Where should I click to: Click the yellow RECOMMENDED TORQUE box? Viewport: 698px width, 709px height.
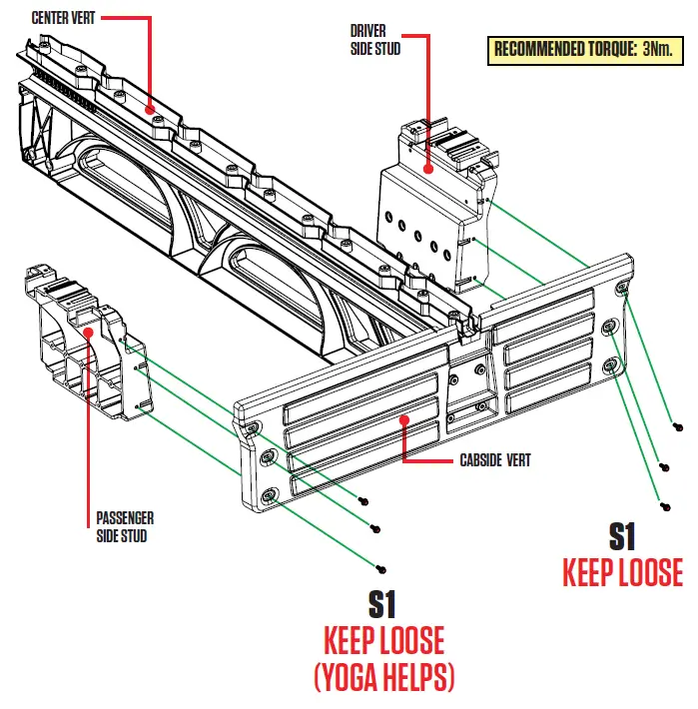click(x=583, y=50)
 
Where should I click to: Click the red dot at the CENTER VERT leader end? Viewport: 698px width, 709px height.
click(x=150, y=108)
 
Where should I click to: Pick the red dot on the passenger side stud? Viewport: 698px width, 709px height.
click(x=88, y=334)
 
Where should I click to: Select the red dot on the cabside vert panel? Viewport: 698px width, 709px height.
click(x=403, y=420)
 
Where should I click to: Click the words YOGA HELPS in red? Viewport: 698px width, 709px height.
click(x=384, y=678)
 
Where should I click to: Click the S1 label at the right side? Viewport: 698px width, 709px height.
click(x=623, y=536)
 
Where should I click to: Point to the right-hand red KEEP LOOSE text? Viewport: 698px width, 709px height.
click(x=623, y=572)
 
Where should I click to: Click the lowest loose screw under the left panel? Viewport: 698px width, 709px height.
click(x=381, y=568)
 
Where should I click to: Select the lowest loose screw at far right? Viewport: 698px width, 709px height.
click(x=660, y=505)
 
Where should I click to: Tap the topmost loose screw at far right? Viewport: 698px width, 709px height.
click(x=679, y=428)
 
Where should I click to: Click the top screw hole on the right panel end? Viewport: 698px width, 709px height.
click(x=623, y=289)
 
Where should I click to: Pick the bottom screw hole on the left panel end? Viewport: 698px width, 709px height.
click(x=270, y=496)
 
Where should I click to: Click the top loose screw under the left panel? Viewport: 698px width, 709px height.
click(x=364, y=498)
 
